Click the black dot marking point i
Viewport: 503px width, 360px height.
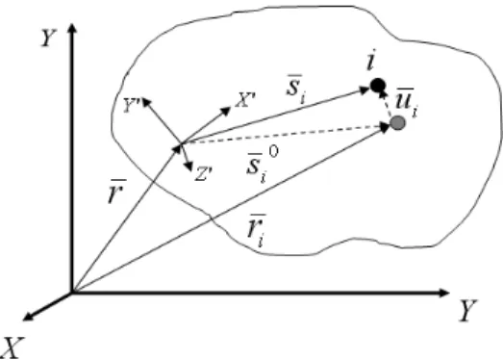[378, 86]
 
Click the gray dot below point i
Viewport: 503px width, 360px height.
[398, 122]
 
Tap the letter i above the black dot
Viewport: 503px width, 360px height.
[371, 62]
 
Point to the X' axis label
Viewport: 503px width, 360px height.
[245, 100]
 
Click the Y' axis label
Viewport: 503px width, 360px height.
[132, 106]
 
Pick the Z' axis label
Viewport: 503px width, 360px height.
[203, 174]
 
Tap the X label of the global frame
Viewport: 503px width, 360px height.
[13, 347]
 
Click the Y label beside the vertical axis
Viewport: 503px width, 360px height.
[49, 38]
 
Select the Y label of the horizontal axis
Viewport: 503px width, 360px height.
[468, 310]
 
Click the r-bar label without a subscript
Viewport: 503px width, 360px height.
[116, 192]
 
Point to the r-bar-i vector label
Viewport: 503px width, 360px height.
[257, 230]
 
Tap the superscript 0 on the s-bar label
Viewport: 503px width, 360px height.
[273, 152]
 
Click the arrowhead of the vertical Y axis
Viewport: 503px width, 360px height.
[72, 28]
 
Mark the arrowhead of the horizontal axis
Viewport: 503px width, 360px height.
[443, 293]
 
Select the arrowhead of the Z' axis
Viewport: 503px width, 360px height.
[188, 167]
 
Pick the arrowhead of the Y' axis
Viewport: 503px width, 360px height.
[146, 102]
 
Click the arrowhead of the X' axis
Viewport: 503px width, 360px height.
[226, 111]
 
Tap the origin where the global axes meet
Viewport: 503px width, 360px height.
[72, 293]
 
